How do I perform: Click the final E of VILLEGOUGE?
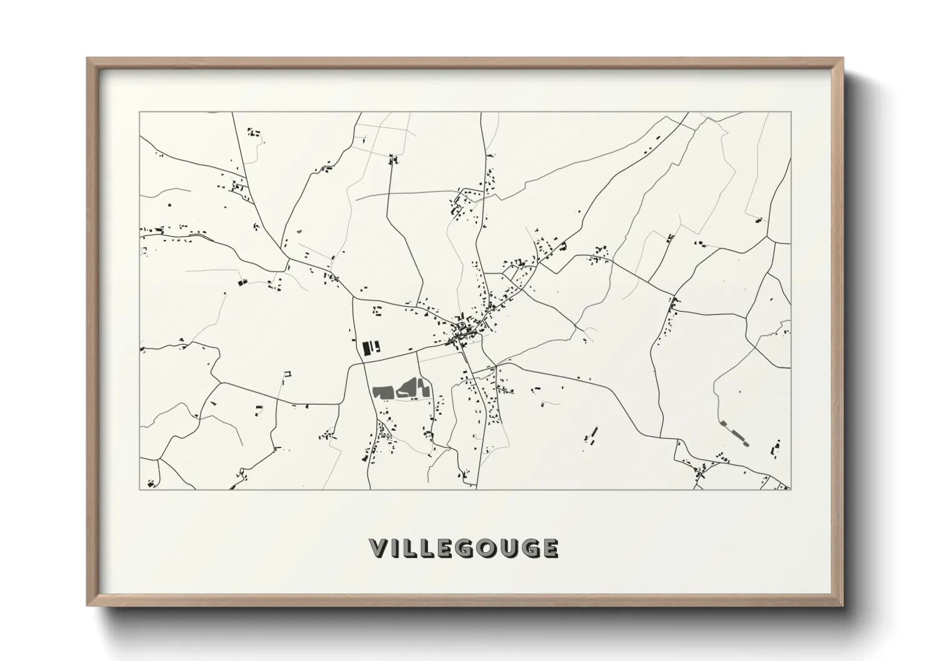click(550, 548)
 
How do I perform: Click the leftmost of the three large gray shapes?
click(381, 392)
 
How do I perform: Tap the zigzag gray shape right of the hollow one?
click(423, 388)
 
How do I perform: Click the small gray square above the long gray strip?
click(723, 424)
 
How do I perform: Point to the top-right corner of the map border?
click(790, 112)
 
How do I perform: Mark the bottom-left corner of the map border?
click(140, 489)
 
